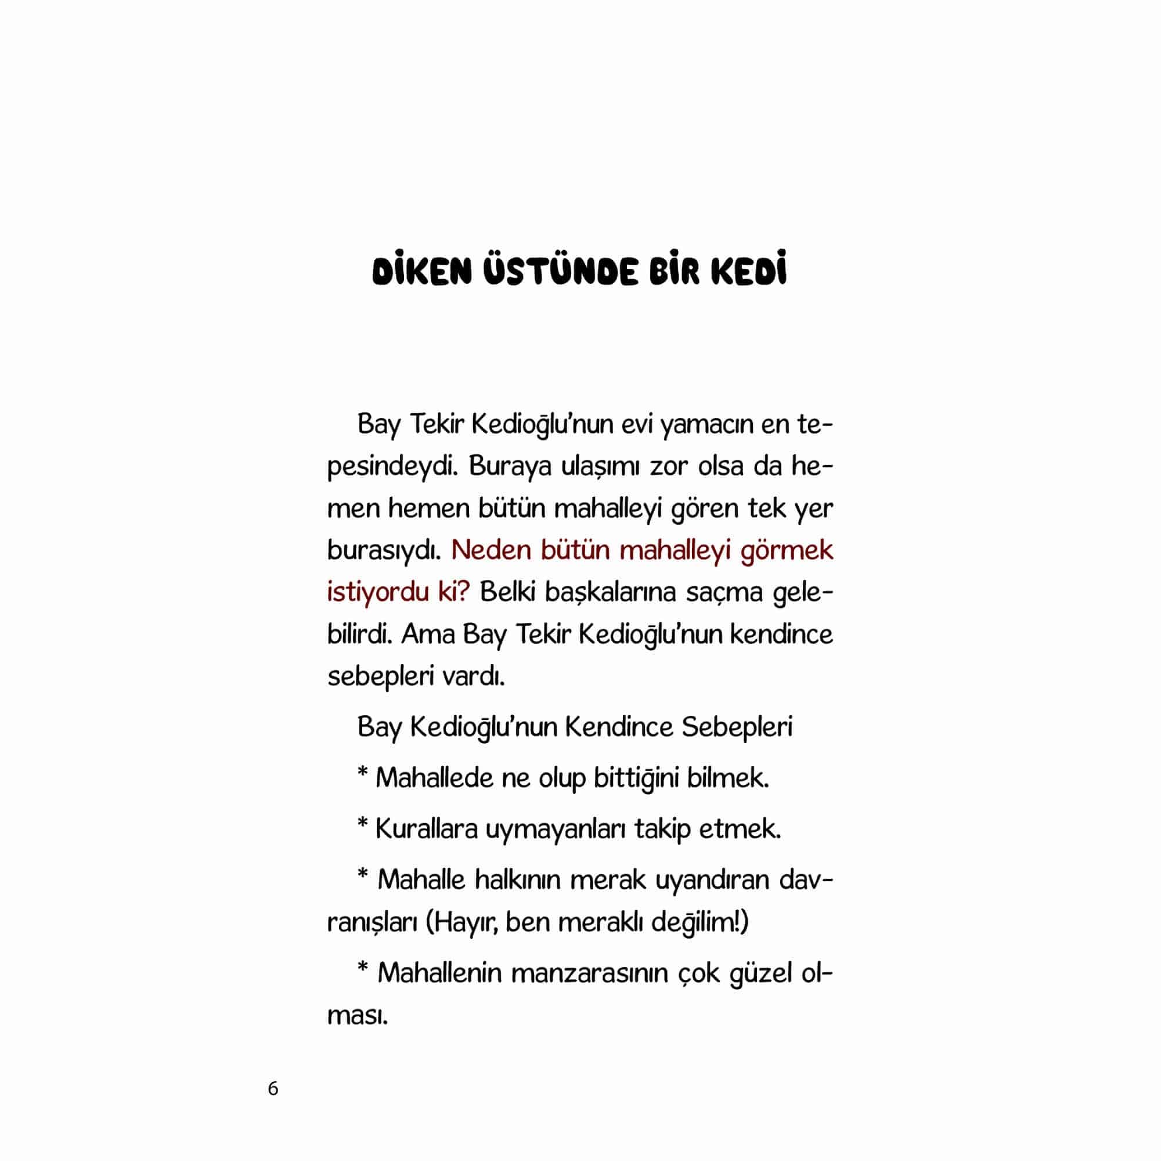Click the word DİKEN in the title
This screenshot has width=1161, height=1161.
click(421, 272)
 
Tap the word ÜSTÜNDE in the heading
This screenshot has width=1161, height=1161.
click(560, 272)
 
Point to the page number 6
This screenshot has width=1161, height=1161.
click(273, 1088)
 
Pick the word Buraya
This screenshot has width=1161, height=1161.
click(510, 467)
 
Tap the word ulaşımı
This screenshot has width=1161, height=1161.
click(600, 467)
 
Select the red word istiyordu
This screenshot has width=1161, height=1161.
click(378, 593)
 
